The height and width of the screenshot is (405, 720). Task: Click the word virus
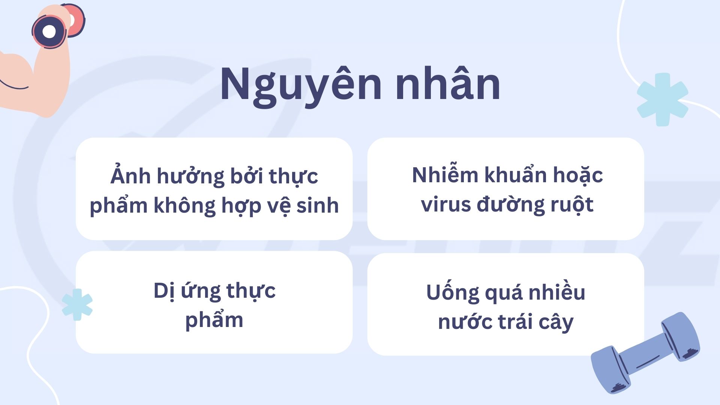coord(446,204)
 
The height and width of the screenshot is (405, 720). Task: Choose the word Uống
coord(453,292)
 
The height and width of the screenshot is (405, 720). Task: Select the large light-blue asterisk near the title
coord(663,99)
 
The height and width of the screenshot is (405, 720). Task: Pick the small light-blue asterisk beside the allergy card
coord(77,304)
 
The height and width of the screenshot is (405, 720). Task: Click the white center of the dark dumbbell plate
coord(49,31)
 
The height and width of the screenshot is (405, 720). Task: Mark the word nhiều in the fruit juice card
coord(557,292)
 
